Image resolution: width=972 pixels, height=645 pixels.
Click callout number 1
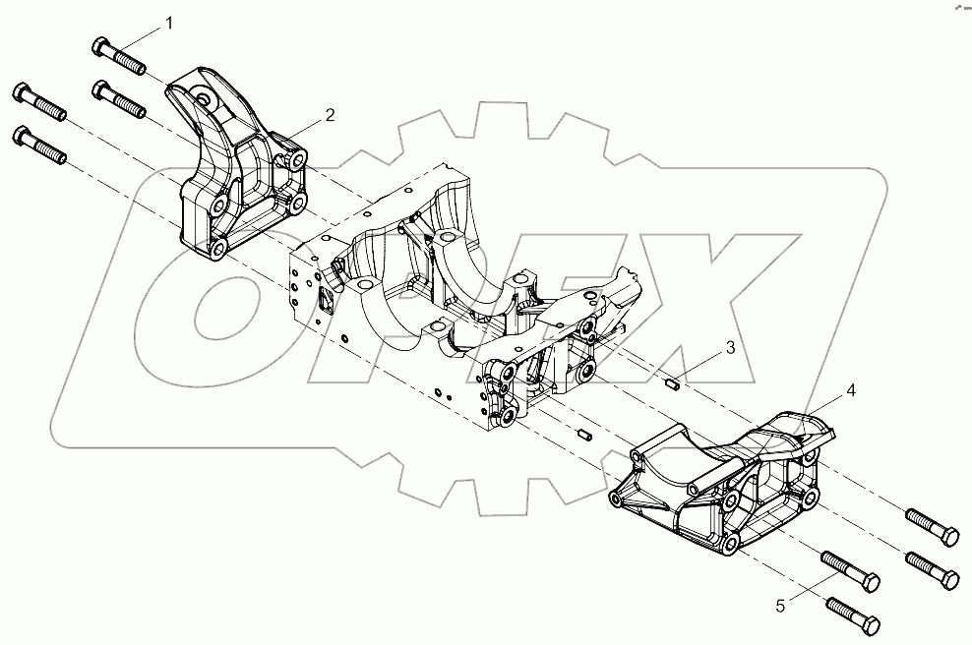pyautogui.click(x=170, y=22)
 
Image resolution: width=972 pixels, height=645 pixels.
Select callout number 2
pyautogui.click(x=331, y=115)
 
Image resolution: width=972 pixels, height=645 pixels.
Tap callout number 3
pyautogui.click(x=730, y=347)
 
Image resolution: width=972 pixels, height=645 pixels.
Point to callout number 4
pyautogui.click(x=851, y=390)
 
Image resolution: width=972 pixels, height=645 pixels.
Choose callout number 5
pyautogui.click(x=780, y=607)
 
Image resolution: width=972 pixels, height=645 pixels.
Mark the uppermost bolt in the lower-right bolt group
pyautogui.click(x=930, y=525)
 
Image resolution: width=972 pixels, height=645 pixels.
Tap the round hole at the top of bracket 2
pyautogui.click(x=203, y=98)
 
